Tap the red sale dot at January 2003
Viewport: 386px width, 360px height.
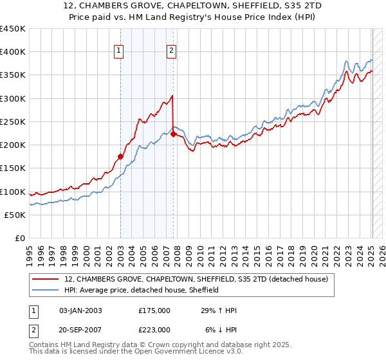[x=120, y=156]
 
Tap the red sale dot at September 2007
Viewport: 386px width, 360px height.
[x=174, y=134]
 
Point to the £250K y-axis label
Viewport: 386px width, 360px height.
[x=13, y=122]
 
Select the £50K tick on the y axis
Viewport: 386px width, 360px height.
[x=15, y=215]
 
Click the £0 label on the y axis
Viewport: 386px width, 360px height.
[x=20, y=238]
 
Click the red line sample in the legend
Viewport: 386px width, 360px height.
[x=46, y=279]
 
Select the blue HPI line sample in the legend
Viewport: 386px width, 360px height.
[x=46, y=290]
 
